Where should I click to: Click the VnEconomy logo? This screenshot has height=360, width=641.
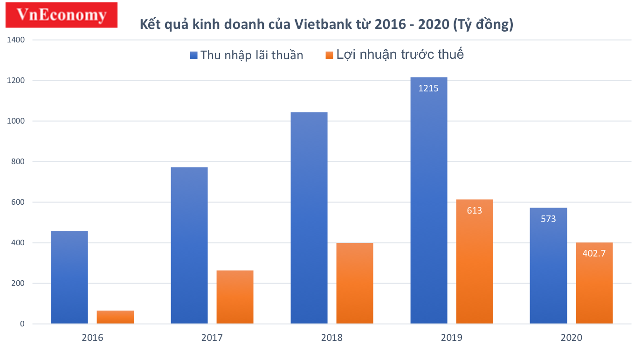(x=61, y=15)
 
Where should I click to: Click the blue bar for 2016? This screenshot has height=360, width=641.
(x=69, y=277)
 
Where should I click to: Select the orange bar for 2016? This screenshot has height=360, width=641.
(x=115, y=317)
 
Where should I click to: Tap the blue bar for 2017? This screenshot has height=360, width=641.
(x=189, y=245)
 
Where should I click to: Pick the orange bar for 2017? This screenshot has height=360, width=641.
(x=235, y=297)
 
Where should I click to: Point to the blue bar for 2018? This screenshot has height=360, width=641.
(x=309, y=218)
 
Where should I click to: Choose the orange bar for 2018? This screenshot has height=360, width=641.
(x=355, y=283)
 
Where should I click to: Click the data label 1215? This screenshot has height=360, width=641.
(x=428, y=88)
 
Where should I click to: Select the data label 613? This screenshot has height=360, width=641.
(x=474, y=210)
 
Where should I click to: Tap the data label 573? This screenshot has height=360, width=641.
(x=548, y=218)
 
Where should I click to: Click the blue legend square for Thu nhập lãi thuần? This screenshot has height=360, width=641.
(x=194, y=55)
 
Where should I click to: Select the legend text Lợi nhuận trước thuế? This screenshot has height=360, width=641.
(x=400, y=54)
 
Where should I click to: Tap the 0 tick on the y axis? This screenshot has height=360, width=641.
(x=22, y=324)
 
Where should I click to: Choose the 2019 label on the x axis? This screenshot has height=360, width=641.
(x=451, y=338)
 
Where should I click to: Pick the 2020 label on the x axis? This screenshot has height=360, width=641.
(x=571, y=338)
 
